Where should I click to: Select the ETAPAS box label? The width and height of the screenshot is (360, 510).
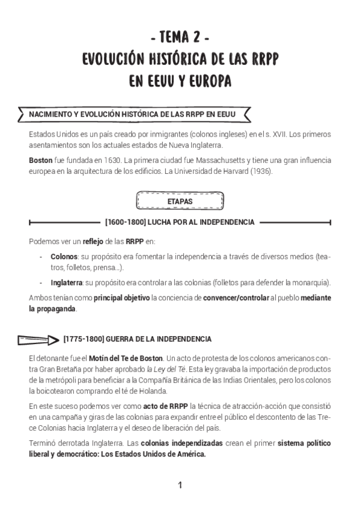point(180,202)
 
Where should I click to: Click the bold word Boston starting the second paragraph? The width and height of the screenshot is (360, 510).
point(40,161)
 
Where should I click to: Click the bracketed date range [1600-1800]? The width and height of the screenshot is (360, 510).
point(124,223)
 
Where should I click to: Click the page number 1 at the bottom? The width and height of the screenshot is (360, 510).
point(180,485)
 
